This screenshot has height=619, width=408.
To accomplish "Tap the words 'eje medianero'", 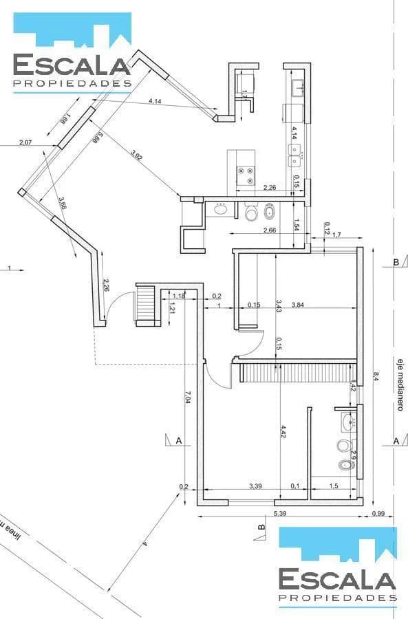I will pyautogui.click(x=398, y=384).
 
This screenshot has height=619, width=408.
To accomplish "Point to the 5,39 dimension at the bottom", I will pyautogui.click(x=280, y=514).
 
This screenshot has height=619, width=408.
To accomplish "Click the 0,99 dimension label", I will pyautogui.click(x=378, y=514).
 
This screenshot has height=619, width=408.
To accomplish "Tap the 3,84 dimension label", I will pyautogui.click(x=299, y=305).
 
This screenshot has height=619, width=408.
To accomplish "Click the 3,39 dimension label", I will pyautogui.click(x=256, y=486).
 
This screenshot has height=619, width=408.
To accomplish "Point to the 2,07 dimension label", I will pyautogui.click(x=25, y=142).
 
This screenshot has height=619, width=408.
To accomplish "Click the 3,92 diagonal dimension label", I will pyautogui.click(x=136, y=155).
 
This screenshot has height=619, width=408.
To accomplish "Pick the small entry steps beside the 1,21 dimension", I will pyautogui.click(x=147, y=303).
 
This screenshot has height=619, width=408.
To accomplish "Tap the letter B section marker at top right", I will pyautogui.click(x=395, y=263).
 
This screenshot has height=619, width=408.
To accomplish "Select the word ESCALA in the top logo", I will pyautogui.click(x=72, y=66).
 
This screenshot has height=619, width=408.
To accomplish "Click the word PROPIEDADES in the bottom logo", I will pyautogui.click(x=338, y=599).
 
